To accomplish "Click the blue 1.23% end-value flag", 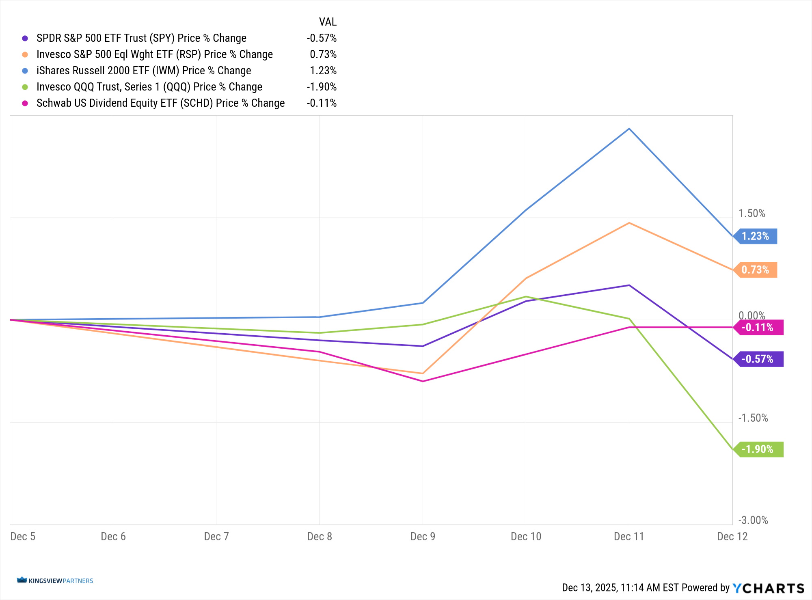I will pyautogui.click(x=756, y=236).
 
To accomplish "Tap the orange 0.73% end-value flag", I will pyautogui.click(x=756, y=270).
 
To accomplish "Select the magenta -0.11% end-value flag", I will pyautogui.click(x=758, y=328).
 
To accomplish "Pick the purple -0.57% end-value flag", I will pyautogui.click(x=758, y=359).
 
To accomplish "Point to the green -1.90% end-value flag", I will pyautogui.click(x=758, y=449).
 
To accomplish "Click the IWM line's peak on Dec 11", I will pyautogui.click(x=629, y=129).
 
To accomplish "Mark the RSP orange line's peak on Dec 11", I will pyautogui.click(x=629, y=223).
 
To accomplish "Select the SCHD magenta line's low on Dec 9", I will pyautogui.click(x=423, y=381).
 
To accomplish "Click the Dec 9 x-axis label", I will pyautogui.click(x=423, y=537).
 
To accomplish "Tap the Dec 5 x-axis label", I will pyautogui.click(x=23, y=537).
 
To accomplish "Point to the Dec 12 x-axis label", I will pyautogui.click(x=732, y=537).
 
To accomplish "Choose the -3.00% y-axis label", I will pyautogui.click(x=753, y=520).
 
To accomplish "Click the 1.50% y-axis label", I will pyautogui.click(x=752, y=214).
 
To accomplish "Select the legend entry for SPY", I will pyautogui.click(x=141, y=38).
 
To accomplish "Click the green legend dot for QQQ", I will pyautogui.click(x=25, y=87).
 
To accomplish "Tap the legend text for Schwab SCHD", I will pyautogui.click(x=160, y=103).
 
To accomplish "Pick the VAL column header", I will pyautogui.click(x=328, y=22).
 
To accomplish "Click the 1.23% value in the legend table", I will pyautogui.click(x=323, y=71).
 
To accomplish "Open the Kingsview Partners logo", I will pyautogui.click(x=55, y=581).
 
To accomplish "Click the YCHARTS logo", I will pyautogui.click(x=768, y=588).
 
